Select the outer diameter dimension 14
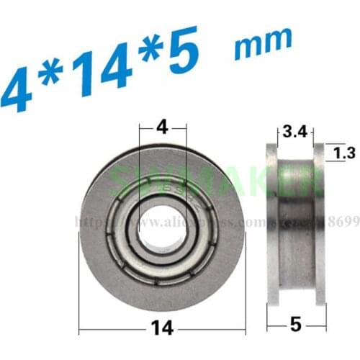pos(163,329)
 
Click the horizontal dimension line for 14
pos(115,330)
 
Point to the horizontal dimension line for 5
pos(276,330)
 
